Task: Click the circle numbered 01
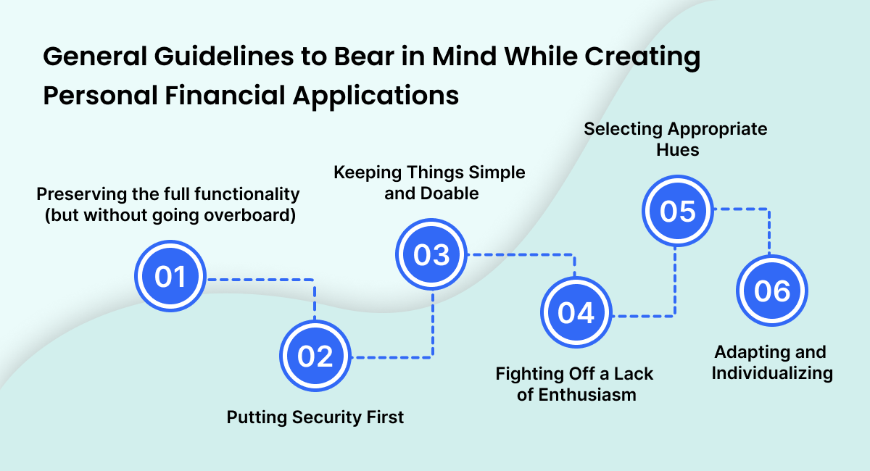pyautogui.click(x=171, y=278)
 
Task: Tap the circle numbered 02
pyautogui.click(x=315, y=357)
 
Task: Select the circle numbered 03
pyautogui.click(x=432, y=255)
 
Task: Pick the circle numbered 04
pyautogui.click(x=576, y=313)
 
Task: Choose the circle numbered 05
pyautogui.click(x=677, y=211)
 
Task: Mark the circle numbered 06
pyautogui.click(x=771, y=291)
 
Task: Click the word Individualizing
pyautogui.click(x=771, y=374)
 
